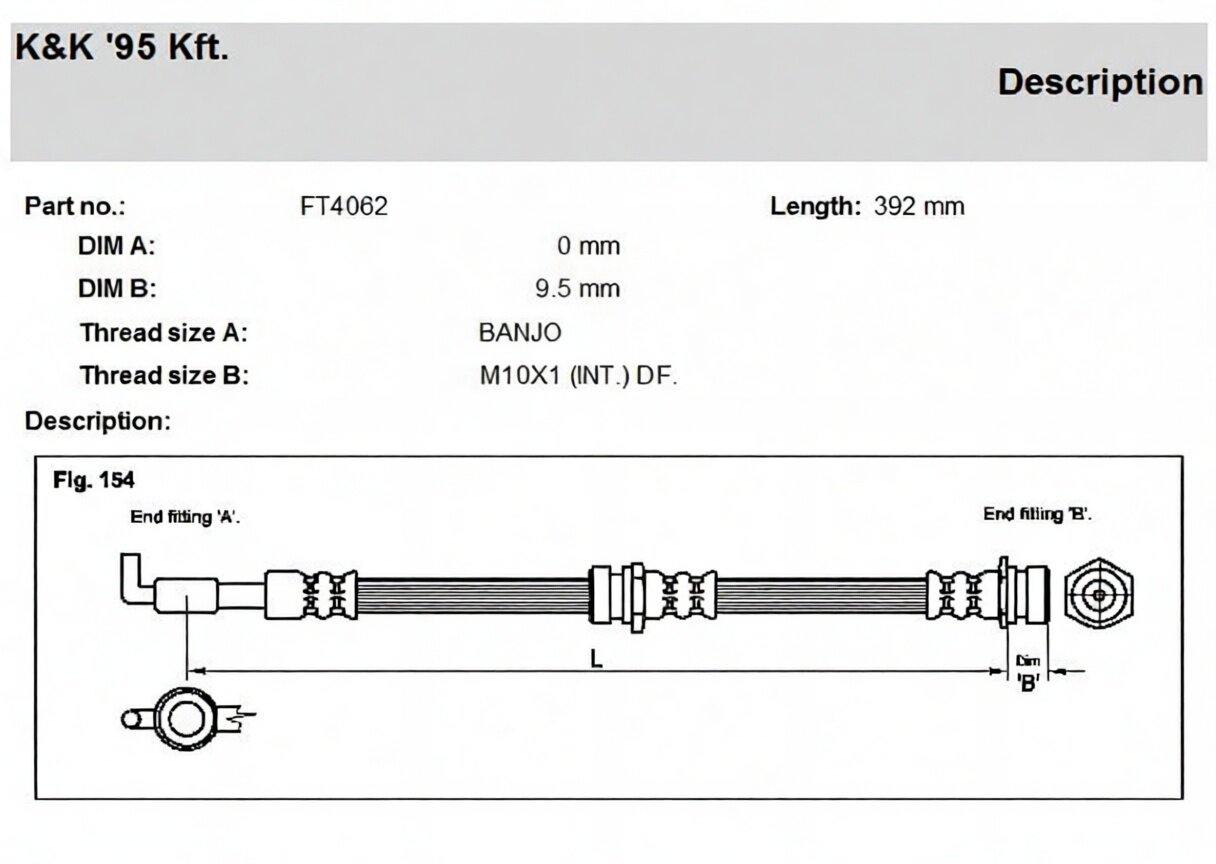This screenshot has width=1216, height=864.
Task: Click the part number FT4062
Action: point(344,206)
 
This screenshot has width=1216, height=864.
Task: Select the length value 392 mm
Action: point(919,206)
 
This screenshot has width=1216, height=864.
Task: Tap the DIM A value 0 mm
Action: point(588,246)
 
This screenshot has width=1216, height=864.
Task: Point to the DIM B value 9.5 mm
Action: point(578,289)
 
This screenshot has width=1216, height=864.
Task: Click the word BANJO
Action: point(520,333)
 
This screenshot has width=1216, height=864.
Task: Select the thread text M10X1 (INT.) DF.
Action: point(578,376)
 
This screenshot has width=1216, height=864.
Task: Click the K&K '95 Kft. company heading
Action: point(122,47)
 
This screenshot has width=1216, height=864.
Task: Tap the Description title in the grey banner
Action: point(1100,82)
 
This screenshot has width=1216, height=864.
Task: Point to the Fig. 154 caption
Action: point(93,480)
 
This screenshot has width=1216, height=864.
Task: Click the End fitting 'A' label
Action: point(185,517)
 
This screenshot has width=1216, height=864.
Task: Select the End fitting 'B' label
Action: point(1037,514)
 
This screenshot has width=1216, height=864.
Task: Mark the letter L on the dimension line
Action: point(596,660)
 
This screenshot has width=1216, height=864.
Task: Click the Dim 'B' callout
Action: point(1028,674)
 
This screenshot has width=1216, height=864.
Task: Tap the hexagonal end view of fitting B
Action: point(1099,594)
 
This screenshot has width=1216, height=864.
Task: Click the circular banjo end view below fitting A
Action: point(186,719)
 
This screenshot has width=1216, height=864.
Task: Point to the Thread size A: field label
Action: point(163,333)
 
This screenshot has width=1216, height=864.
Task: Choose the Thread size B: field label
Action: point(164,376)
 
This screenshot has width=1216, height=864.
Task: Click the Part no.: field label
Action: point(75,206)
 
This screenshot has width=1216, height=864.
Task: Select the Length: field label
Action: point(815,206)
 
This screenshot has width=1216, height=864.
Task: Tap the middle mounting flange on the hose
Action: point(636,598)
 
